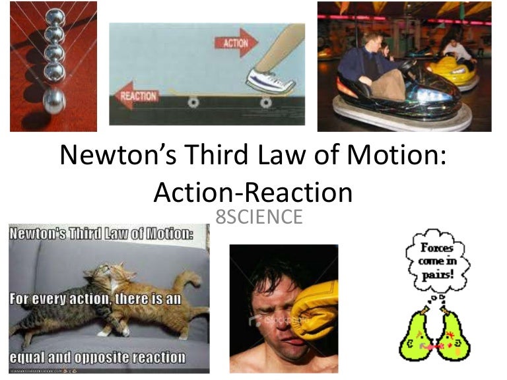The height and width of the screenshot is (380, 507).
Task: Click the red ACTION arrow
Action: pos(236,43)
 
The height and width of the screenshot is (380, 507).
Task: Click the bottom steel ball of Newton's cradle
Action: pos(53,101)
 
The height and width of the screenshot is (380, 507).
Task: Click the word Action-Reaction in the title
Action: pos(253,191)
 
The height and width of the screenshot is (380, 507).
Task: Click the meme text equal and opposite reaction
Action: pos(96,357)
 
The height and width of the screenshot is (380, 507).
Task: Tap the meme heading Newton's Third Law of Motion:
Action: pos(99,233)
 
